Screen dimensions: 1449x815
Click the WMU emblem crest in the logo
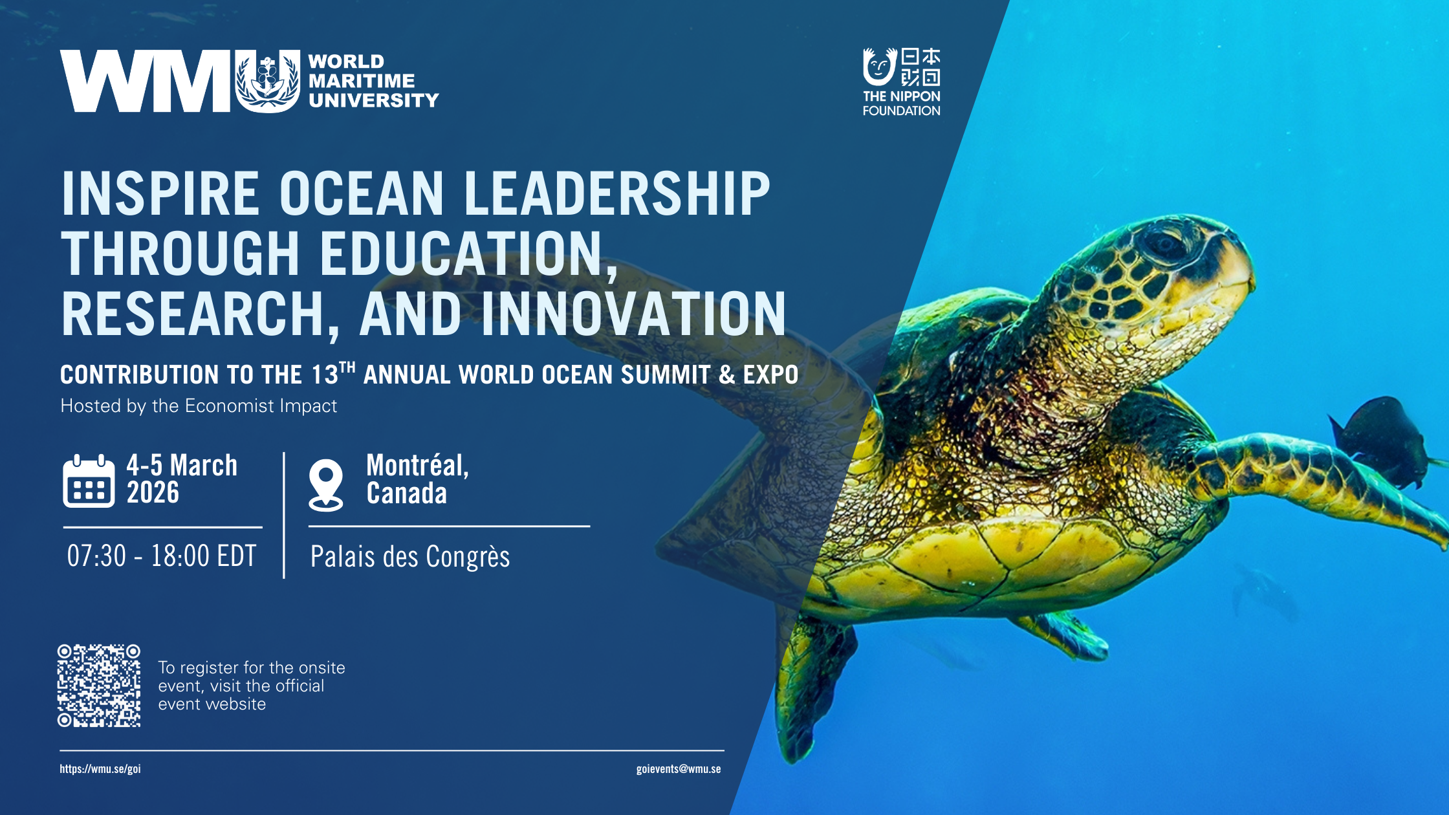point(268,81)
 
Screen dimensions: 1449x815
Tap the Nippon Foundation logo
point(901,82)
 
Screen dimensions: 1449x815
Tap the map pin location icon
point(325,485)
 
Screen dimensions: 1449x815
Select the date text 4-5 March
point(182,465)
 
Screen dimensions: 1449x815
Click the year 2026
point(153,493)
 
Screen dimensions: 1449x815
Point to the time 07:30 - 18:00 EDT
point(162,556)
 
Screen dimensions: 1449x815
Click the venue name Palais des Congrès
point(410,557)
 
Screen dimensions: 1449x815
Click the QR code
point(99,686)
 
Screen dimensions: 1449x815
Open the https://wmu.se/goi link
point(100,769)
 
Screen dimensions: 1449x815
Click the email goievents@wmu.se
point(679,769)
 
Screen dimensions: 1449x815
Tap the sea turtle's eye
point(1165,245)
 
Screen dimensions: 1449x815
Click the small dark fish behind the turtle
point(1381,440)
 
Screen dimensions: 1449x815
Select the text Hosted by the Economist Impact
point(199,406)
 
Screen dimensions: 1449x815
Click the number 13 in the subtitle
point(325,375)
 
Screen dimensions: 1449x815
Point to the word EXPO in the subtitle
point(770,375)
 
